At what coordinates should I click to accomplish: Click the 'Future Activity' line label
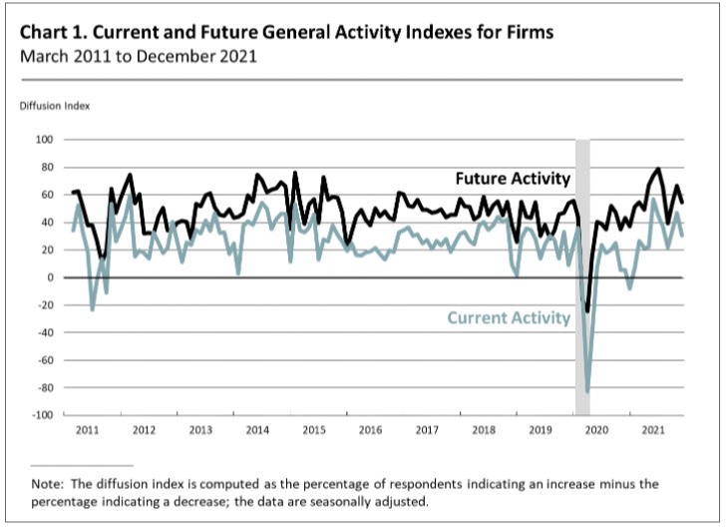point(513,180)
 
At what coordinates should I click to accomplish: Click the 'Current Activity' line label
point(509,318)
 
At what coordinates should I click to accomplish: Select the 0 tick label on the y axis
point(47,277)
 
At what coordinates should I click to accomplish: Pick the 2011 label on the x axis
point(87,430)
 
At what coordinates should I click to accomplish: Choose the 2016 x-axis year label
point(370,430)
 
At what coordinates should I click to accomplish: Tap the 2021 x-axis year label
point(653,430)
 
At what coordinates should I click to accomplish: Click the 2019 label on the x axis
point(540,430)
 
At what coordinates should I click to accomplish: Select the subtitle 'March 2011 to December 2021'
point(138,57)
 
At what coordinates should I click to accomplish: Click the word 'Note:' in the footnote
point(47,484)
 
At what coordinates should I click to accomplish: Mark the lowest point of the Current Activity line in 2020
point(587,392)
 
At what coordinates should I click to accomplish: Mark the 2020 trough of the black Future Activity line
point(587,311)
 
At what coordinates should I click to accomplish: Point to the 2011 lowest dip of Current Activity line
point(93,309)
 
